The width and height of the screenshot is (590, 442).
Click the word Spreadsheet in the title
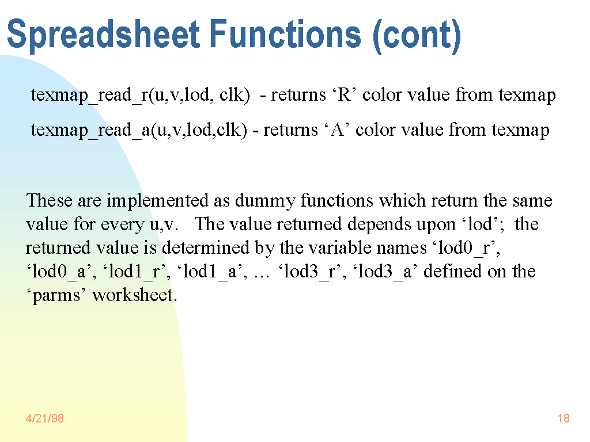(x=104, y=35)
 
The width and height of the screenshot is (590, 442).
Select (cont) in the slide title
(x=417, y=36)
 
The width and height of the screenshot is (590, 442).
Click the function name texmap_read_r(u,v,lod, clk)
(x=141, y=95)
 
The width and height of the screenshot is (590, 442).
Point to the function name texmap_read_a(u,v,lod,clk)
(x=139, y=130)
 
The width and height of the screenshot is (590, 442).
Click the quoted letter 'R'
(x=345, y=94)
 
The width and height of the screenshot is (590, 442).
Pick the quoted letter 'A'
(x=337, y=129)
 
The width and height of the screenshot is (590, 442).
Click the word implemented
(x=157, y=201)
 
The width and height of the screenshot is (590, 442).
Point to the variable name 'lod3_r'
(x=309, y=272)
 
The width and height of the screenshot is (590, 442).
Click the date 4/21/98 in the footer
(x=45, y=418)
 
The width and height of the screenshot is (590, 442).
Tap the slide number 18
(x=563, y=418)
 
